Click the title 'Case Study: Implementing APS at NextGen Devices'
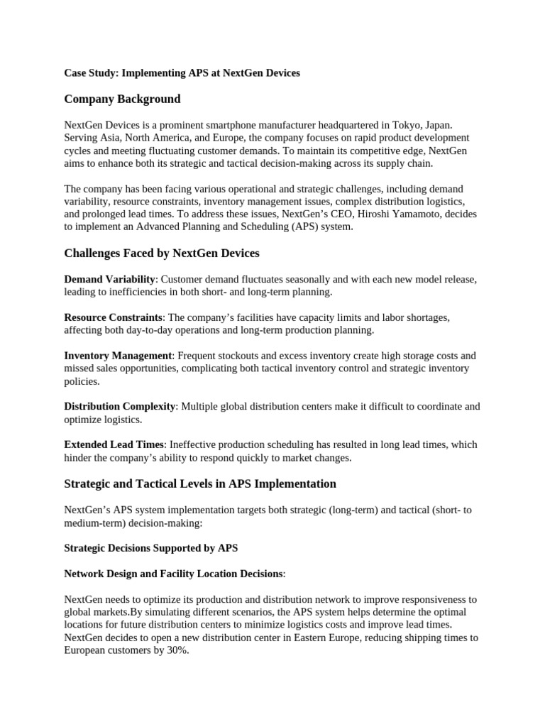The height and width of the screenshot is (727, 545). coord(182,73)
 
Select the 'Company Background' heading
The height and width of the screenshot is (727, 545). coord(122,99)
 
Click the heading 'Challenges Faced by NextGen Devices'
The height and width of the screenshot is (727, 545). coord(162,253)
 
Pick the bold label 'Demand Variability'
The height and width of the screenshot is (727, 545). coord(109,279)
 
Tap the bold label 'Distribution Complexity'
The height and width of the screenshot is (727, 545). coord(120,407)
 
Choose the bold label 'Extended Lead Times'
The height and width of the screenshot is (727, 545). coord(114,444)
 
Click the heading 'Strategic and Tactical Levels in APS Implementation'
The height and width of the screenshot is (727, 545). coord(200,483)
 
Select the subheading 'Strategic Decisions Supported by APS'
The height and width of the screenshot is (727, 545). coord(151,548)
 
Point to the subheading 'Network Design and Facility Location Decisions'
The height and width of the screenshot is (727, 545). coord(173,574)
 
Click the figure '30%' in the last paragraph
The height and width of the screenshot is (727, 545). coord(178,650)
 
